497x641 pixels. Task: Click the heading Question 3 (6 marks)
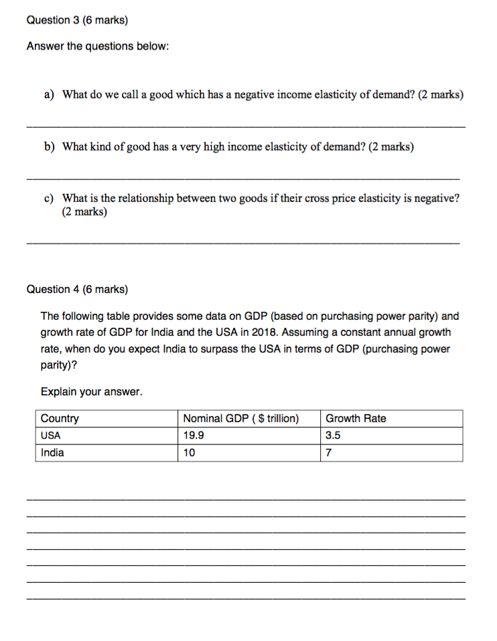click(x=77, y=20)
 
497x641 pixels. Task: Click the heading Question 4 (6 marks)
click(x=77, y=290)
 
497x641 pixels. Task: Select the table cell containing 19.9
click(x=194, y=436)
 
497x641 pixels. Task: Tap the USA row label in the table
click(x=51, y=436)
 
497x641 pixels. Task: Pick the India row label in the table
click(x=53, y=453)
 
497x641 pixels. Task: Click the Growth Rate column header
click(x=356, y=419)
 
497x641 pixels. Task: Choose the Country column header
click(x=60, y=419)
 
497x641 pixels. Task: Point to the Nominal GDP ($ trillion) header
click(x=240, y=419)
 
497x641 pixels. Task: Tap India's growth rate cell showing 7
click(x=329, y=453)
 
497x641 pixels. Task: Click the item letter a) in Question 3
click(x=49, y=95)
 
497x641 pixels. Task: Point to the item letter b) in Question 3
click(x=49, y=147)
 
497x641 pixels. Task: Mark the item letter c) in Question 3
click(x=49, y=199)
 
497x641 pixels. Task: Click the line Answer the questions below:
click(x=97, y=48)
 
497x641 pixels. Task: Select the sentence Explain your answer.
click(x=92, y=391)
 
